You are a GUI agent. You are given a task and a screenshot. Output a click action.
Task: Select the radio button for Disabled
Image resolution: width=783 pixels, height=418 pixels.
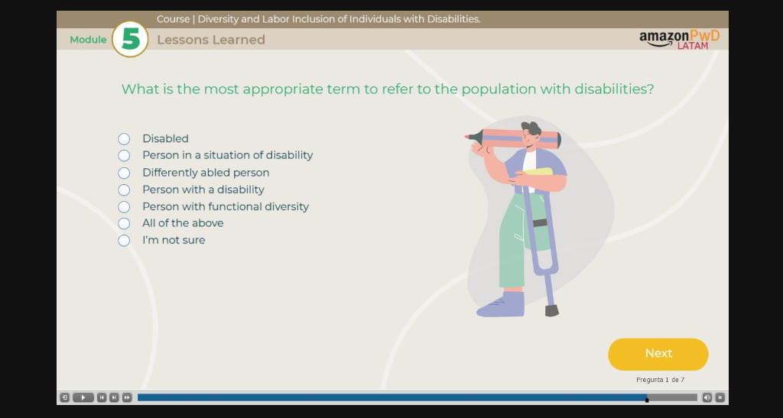(x=124, y=138)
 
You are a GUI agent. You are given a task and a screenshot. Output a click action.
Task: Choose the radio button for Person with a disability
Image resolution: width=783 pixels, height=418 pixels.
(x=124, y=190)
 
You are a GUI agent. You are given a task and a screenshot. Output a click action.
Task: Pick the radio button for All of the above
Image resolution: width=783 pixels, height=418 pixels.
(x=124, y=223)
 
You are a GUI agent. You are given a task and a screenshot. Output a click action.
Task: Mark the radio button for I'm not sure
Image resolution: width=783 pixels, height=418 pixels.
(x=124, y=241)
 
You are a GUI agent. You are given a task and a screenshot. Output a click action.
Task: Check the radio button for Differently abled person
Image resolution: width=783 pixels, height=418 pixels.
(x=124, y=173)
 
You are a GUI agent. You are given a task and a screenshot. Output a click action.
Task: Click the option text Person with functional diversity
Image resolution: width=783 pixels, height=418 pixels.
(x=225, y=206)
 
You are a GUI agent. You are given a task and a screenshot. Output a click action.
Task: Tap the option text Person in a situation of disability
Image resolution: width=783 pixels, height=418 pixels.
(x=227, y=155)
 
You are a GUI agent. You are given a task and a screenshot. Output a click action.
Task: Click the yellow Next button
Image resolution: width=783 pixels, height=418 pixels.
(x=658, y=354)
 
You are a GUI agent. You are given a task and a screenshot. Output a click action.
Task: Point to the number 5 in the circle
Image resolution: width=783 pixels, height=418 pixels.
(x=130, y=39)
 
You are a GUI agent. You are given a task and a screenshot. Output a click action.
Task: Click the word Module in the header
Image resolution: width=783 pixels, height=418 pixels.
(x=88, y=40)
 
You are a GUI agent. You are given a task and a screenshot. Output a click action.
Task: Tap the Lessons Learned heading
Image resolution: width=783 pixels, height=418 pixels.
(x=210, y=40)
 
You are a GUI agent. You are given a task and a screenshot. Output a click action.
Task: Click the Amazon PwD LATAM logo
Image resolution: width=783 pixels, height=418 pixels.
(x=679, y=39)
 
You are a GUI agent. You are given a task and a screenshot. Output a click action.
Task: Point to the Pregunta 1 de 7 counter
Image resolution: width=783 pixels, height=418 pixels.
(x=659, y=380)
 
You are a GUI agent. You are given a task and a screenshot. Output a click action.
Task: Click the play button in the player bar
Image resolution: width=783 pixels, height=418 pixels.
(x=83, y=397)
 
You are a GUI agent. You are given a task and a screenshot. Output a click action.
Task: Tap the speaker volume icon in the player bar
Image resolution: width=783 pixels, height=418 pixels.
(x=707, y=397)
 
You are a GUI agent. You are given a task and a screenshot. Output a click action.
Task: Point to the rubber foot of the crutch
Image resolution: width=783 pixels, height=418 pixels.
(x=551, y=310)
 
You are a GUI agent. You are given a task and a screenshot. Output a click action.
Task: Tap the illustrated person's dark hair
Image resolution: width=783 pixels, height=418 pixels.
(x=531, y=128)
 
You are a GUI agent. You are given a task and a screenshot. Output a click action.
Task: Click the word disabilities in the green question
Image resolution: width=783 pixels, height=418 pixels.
(x=612, y=89)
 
